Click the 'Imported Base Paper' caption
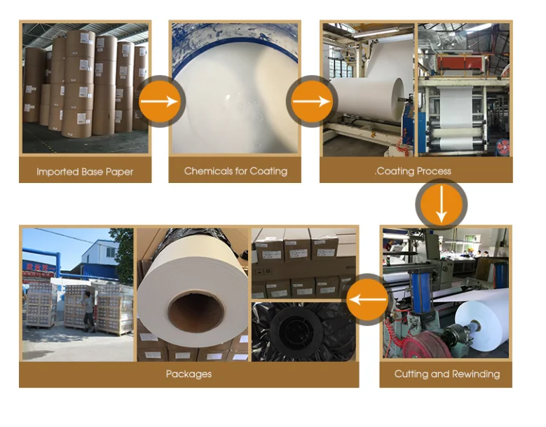coord(85,171)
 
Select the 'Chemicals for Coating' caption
coord(236,170)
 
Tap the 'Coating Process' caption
coord(414,170)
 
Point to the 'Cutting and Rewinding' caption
coord(446,374)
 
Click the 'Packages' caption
coord(189,374)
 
